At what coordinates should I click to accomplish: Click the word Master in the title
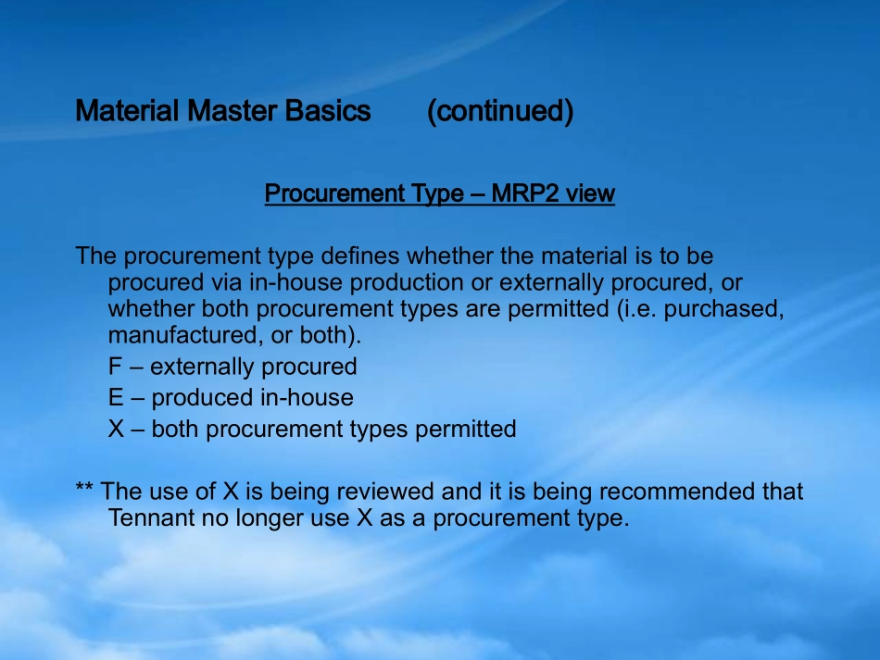(232, 112)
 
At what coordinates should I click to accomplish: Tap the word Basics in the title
(328, 112)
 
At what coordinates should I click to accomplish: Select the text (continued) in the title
(500, 112)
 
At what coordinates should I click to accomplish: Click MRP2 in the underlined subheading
(529, 193)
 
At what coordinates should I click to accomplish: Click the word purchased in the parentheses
(724, 309)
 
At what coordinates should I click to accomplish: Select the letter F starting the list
(115, 367)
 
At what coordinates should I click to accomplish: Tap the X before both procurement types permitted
(116, 430)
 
